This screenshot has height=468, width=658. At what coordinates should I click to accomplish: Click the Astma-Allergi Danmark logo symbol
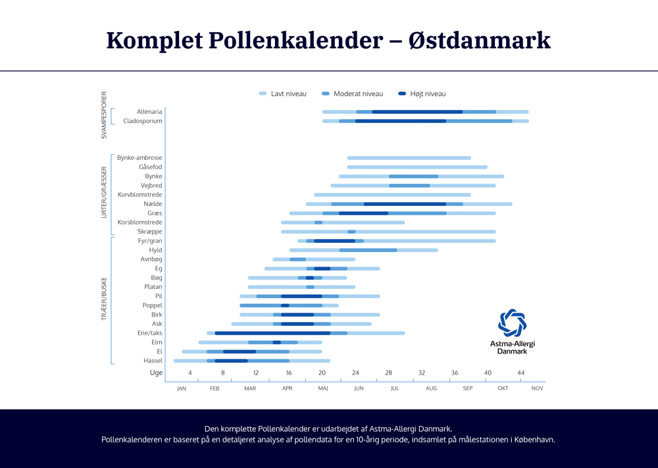pyautogui.click(x=513, y=323)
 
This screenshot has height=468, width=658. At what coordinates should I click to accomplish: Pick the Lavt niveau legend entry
pyautogui.click(x=283, y=94)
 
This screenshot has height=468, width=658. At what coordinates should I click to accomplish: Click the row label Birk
pyautogui.click(x=157, y=315)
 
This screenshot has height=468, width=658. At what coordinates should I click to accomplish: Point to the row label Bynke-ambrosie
pyautogui.click(x=139, y=158)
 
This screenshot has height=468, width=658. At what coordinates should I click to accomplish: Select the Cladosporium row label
pyautogui.click(x=143, y=121)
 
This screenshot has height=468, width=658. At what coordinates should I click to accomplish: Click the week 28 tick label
pyautogui.click(x=388, y=373)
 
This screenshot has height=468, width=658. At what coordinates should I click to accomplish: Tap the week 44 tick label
pyautogui.click(x=520, y=373)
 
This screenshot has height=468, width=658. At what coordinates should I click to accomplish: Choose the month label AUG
pyautogui.click(x=431, y=388)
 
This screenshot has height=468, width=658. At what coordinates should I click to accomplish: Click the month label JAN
pyautogui.click(x=182, y=388)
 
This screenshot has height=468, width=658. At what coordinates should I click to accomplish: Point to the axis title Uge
pyautogui.click(x=156, y=373)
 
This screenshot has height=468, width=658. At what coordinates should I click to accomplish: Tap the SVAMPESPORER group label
pyautogui.click(x=104, y=115)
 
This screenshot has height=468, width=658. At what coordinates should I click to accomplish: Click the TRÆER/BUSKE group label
pyautogui.click(x=104, y=300)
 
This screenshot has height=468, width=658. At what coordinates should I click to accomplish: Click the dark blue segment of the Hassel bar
pyautogui.click(x=231, y=361)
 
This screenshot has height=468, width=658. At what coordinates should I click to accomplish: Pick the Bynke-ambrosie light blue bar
pyautogui.click(x=409, y=158)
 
